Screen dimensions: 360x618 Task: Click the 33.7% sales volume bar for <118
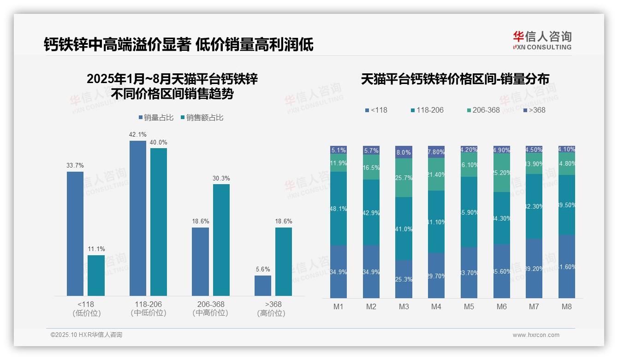click(x=75, y=234)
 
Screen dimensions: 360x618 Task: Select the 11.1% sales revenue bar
click(x=96, y=275)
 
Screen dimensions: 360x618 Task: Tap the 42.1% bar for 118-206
click(x=138, y=218)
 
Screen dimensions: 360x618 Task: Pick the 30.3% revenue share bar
click(x=221, y=240)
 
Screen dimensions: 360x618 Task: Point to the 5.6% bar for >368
click(x=263, y=285)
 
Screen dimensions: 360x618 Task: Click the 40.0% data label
click(x=159, y=142)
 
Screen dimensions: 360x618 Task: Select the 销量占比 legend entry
click(x=156, y=118)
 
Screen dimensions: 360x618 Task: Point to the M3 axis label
click(x=404, y=306)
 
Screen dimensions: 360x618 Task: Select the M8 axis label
click(x=567, y=306)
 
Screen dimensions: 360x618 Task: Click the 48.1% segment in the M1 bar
click(x=339, y=208)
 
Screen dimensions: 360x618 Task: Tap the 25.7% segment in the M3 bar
click(x=404, y=178)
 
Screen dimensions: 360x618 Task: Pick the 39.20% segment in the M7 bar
click(x=534, y=268)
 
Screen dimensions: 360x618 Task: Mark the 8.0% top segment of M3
click(x=404, y=152)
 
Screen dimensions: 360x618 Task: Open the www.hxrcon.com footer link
click(x=536, y=335)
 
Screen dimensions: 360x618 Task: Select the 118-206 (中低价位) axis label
click(x=148, y=308)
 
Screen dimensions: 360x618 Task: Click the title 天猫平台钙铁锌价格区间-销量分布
click(x=455, y=79)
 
